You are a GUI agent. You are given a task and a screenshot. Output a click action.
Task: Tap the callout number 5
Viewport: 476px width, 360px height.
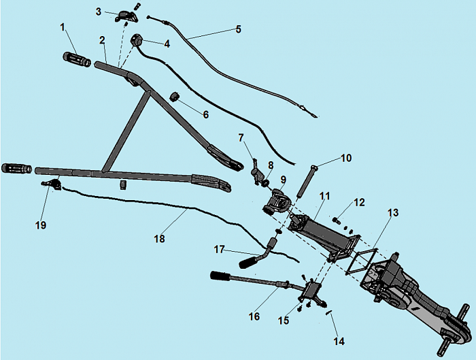(238, 29)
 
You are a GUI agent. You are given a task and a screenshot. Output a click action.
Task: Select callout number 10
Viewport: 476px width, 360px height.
(346, 158)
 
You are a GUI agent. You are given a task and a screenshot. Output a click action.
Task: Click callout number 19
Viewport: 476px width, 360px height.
(41, 224)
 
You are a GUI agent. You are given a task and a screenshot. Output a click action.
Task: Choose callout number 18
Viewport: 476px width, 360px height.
(160, 238)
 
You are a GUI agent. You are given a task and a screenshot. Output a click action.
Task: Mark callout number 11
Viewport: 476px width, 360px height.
(324, 196)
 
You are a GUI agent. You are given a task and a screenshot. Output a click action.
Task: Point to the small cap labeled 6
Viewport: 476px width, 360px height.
(175, 97)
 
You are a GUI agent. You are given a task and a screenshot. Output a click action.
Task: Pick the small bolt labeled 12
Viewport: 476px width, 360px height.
(337, 219)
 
